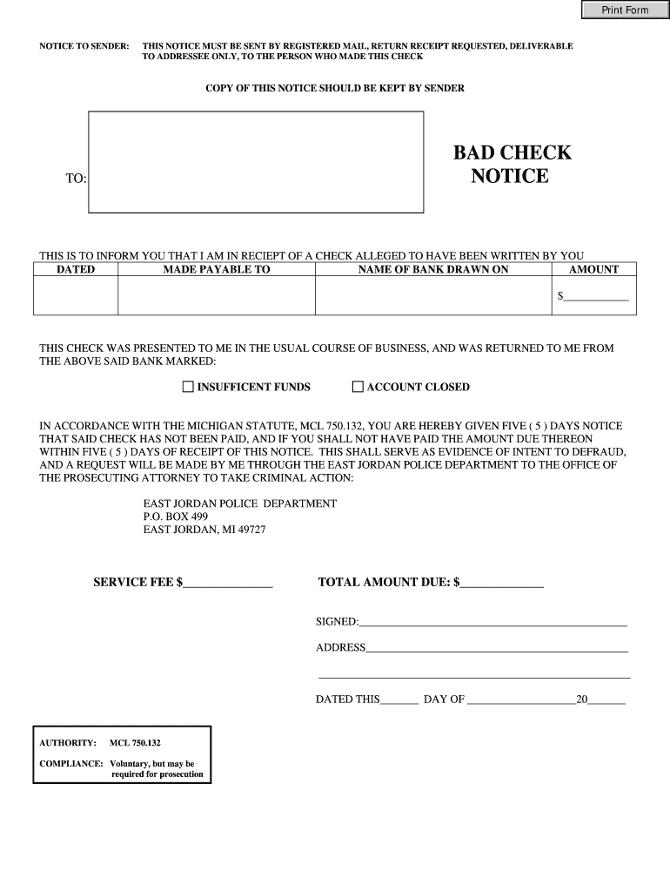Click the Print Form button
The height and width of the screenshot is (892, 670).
pyautogui.click(x=625, y=10)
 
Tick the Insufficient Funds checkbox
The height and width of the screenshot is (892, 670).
pyautogui.click(x=188, y=387)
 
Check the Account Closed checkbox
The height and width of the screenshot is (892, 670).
pyautogui.click(x=357, y=387)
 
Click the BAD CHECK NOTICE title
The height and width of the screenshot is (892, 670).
pyautogui.click(x=512, y=165)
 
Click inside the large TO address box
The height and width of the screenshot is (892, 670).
pyautogui.click(x=256, y=162)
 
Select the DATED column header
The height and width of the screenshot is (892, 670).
pyautogui.click(x=76, y=270)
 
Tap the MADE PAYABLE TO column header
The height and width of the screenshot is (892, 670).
pyautogui.click(x=217, y=270)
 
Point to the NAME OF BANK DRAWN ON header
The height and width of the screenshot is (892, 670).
pyautogui.click(x=433, y=270)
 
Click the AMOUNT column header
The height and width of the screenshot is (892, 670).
pyautogui.click(x=593, y=270)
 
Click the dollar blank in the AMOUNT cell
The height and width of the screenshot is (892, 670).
pyautogui.click(x=596, y=297)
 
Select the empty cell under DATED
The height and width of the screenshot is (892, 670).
pyautogui.click(x=76, y=296)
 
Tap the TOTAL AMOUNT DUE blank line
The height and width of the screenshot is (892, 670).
pyautogui.click(x=502, y=583)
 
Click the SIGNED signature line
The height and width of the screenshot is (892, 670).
pyautogui.click(x=492, y=622)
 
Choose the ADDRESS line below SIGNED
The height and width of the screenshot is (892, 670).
pyautogui.click(x=497, y=648)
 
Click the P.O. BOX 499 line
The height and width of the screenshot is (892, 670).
pyautogui.click(x=175, y=517)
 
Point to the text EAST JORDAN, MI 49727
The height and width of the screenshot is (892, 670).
pyautogui.click(x=204, y=530)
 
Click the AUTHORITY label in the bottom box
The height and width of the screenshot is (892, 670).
pyautogui.click(x=68, y=743)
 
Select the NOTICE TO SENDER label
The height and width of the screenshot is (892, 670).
pyautogui.click(x=84, y=45)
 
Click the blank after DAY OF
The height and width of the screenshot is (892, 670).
pyautogui.click(x=520, y=699)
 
